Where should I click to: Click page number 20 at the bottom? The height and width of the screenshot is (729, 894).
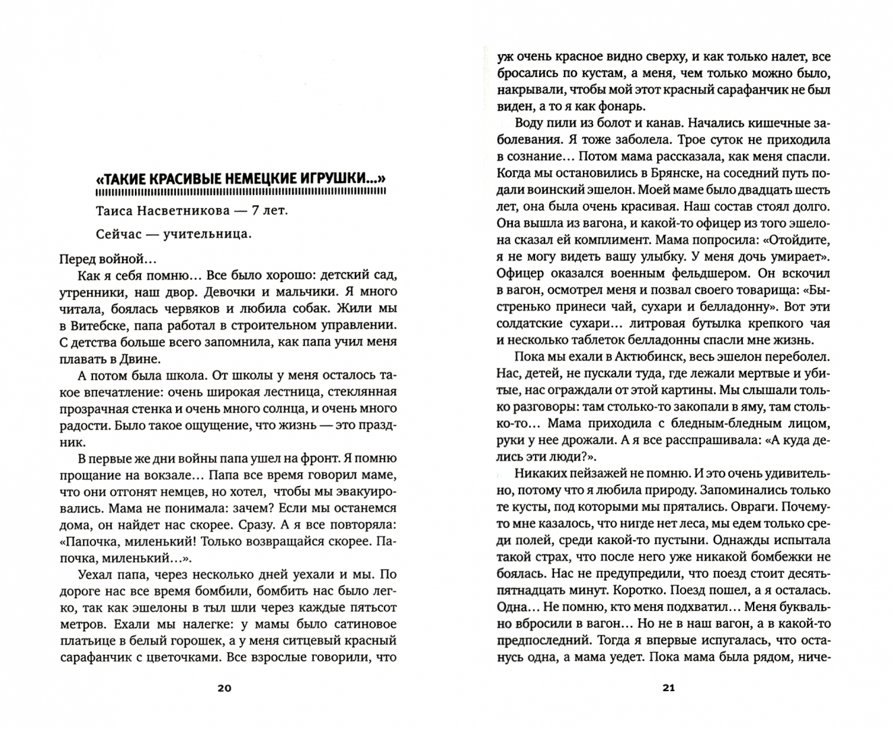[x=225, y=688]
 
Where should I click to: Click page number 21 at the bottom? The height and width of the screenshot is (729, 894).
[x=669, y=688]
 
